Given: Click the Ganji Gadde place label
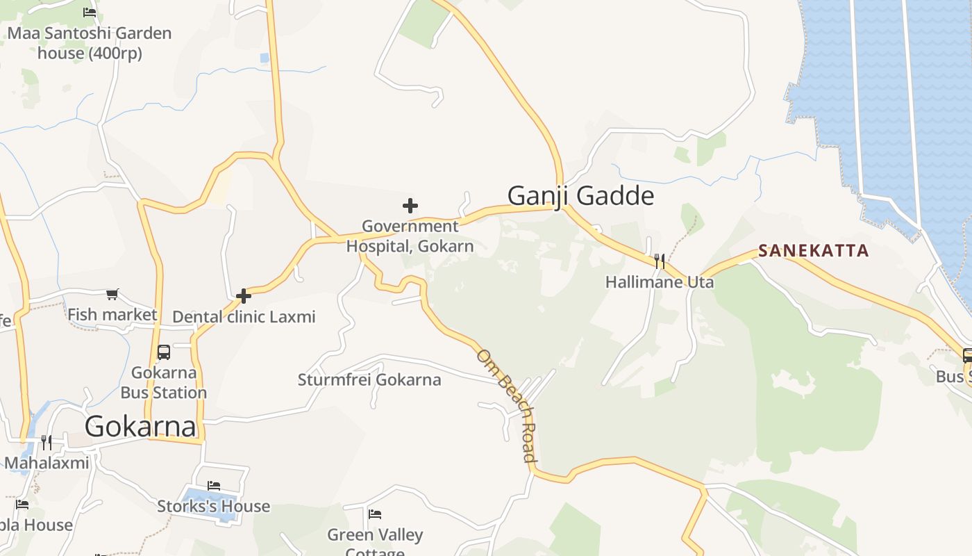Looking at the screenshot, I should (x=580, y=196).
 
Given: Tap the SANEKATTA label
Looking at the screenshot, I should (x=813, y=250).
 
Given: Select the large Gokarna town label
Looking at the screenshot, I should (x=140, y=426).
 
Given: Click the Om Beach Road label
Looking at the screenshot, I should (x=507, y=405).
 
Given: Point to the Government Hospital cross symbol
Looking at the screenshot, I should (x=410, y=206).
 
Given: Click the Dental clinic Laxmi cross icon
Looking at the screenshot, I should (x=243, y=296).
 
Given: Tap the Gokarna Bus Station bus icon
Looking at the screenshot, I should (x=164, y=352).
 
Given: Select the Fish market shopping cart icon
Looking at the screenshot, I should (x=112, y=295).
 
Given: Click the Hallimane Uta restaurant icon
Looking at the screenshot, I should (x=660, y=261).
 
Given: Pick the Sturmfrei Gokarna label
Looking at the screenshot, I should (x=369, y=380).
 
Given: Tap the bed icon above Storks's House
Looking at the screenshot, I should (x=214, y=485).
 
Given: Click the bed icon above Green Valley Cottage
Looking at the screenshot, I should (x=375, y=514).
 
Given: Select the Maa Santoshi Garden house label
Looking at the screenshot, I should (x=90, y=43).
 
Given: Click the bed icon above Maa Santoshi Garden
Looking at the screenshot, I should (x=90, y=12).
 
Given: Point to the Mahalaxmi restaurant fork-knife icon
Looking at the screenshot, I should (x=47, y=442).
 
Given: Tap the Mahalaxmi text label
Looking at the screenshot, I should (x=47, y=463).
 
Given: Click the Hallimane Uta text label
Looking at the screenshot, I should (x=660, y=282).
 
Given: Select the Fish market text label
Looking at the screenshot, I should (x=112, y=315).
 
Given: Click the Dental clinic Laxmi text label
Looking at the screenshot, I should (x=244, y=317).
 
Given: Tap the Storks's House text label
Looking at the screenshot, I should (x=214, y=506).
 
